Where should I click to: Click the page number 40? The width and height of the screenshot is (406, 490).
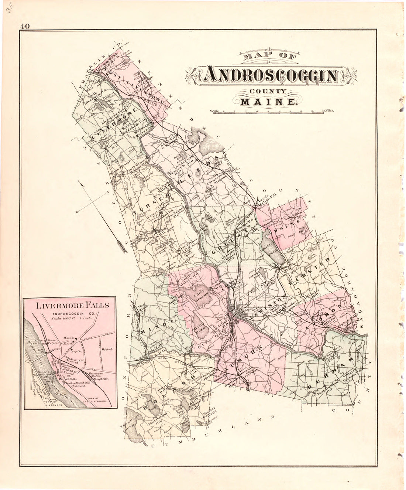pyautogui.click(x=25, y=26)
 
